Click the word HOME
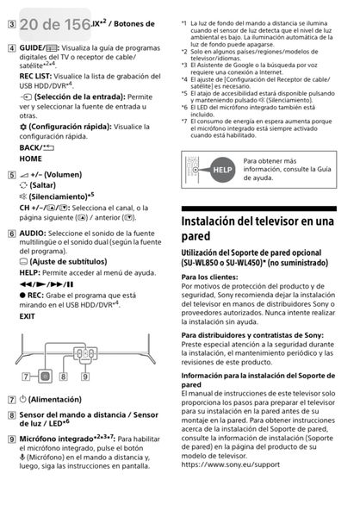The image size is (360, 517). (30, 159)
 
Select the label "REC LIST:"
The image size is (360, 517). (38, 74)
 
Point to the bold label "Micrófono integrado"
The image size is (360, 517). (57, 439)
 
